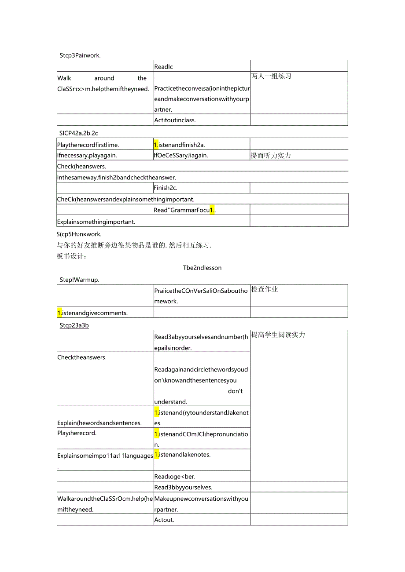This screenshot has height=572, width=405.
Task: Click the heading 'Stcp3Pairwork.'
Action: point(80,55)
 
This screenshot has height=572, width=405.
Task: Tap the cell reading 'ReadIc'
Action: point(163,67)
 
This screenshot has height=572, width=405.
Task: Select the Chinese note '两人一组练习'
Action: point(271,76)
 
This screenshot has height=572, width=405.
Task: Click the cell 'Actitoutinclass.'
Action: point(175,120)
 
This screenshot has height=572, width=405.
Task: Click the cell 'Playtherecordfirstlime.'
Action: point(88,145)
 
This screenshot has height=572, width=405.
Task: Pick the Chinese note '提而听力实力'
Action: point(271,155)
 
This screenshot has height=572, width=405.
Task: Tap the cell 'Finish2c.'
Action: point(166,188)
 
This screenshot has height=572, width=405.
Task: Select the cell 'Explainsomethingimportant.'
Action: point(96,222)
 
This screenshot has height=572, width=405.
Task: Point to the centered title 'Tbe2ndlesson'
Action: point(202,268)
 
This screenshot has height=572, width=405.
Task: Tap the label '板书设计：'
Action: point(72,256)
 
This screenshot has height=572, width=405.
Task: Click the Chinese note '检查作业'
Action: point(265,289)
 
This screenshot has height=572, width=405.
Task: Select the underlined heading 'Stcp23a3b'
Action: point(74,325)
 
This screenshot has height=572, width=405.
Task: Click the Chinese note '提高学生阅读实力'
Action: point(278,335)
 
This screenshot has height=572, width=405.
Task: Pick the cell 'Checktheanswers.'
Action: point(82,357)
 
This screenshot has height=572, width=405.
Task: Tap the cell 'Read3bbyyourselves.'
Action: point(183,487)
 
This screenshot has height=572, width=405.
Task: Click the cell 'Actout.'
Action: point(164,520)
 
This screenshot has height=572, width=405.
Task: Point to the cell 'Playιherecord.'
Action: point(77,433)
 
